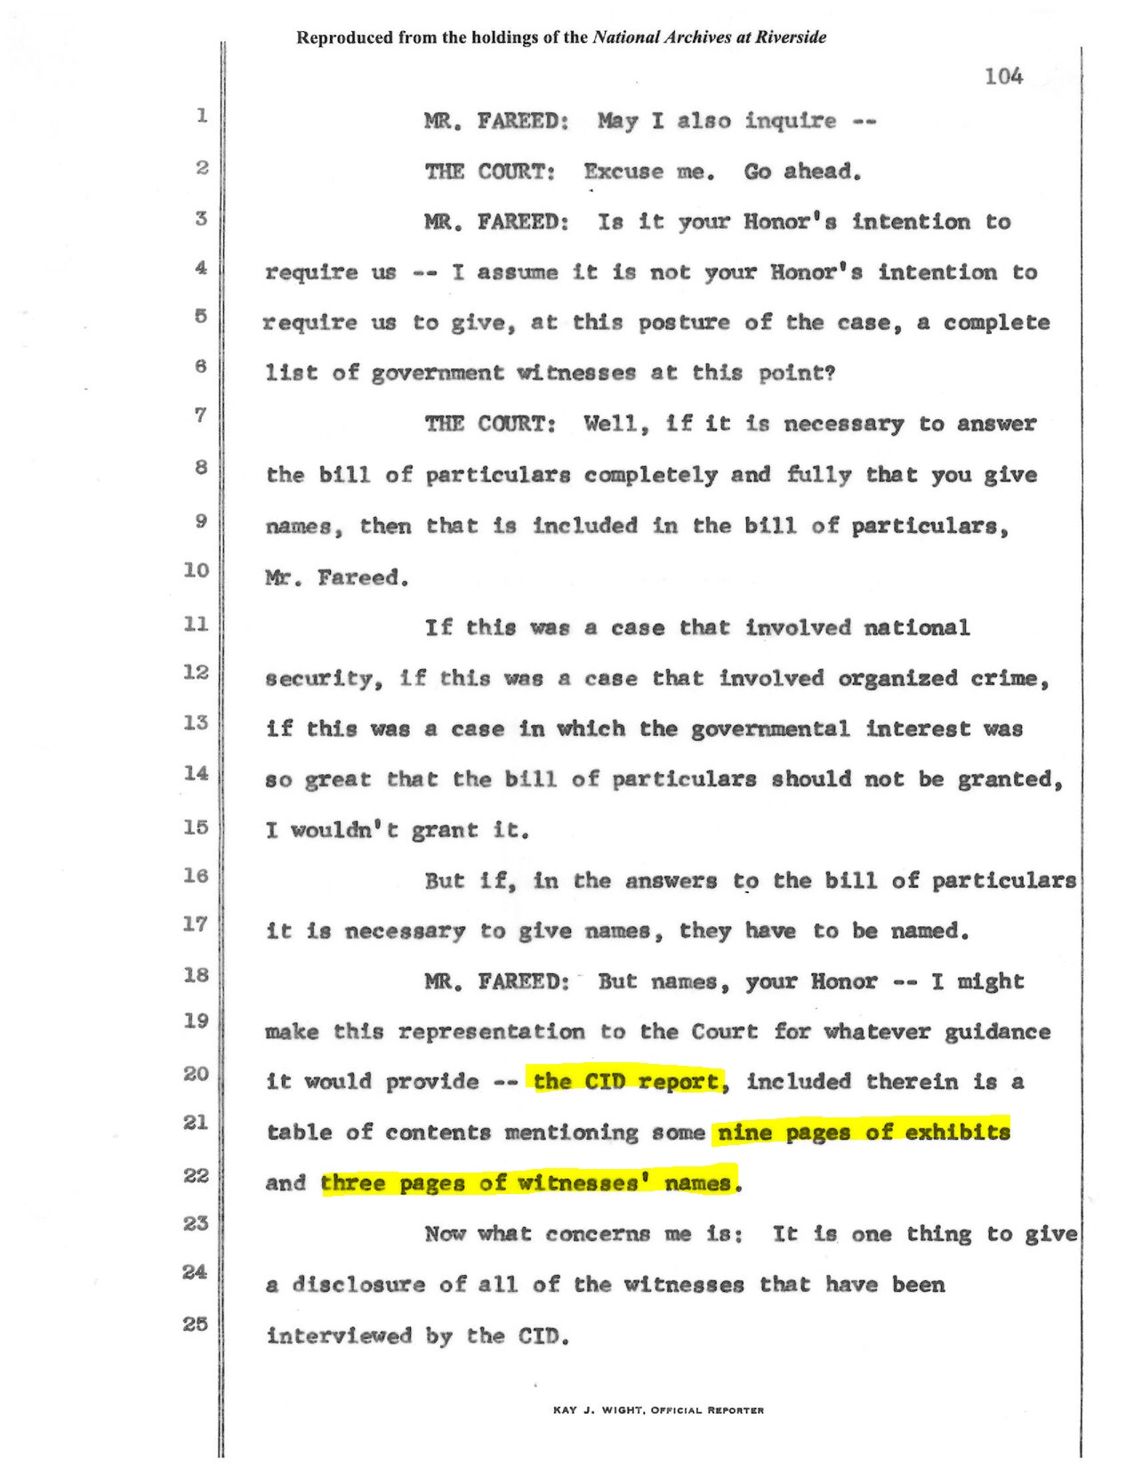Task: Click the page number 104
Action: (1003, 77)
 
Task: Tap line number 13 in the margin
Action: (196, 722)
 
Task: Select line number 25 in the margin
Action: (196, 1324)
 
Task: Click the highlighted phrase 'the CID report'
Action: (627, 1082)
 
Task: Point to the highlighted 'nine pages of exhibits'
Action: (863, 1133)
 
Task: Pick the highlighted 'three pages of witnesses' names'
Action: (529, 1183)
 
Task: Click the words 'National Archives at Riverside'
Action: (709, 37)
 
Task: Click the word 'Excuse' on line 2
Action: (623, 172)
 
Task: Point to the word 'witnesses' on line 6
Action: (577, 374)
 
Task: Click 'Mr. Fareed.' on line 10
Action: (337, 578)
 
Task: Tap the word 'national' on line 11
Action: (916, 628)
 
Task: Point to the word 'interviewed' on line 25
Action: (339, 1335)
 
